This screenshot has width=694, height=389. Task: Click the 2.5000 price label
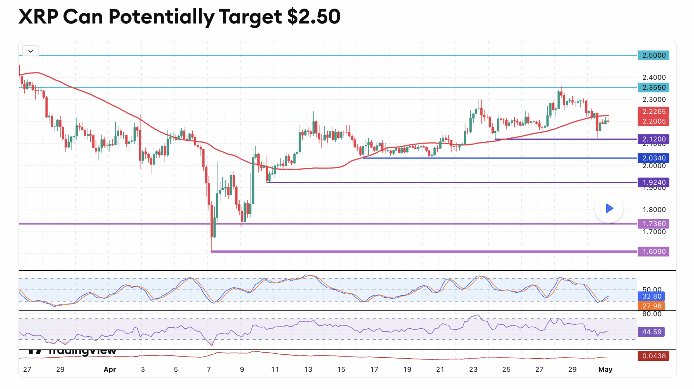[x=654, y=55]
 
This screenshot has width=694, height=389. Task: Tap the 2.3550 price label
[x=654, y=87]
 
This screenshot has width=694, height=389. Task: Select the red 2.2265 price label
[x=654, y=112]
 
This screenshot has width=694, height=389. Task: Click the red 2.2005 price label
[x=654, y=121]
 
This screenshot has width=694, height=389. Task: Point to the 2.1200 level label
[x=654, y=139]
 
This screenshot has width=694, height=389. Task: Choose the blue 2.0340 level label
[x=654, y=158]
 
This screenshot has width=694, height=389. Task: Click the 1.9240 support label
[x=654, y=182]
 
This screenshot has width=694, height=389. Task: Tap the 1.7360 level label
[x=654, y=224]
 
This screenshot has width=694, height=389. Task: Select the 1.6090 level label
[x=654, y=252]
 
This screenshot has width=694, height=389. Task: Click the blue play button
[x=609, y=208]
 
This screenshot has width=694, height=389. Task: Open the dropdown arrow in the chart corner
[x=31, y=51]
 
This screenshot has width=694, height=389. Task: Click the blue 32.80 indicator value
[x=651, y=296]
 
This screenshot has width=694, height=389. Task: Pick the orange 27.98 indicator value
[x=651, y=306]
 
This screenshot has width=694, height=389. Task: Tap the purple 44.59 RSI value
[x=651, y=332]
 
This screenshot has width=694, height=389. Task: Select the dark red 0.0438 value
[x=654, y=356]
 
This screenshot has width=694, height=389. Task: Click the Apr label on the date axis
[x=110, y=370]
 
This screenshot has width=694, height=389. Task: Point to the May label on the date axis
[x=605, y=370]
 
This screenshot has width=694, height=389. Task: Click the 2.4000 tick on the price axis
[x=654, y=77]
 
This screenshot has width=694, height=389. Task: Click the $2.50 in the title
[x=314, y=17]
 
